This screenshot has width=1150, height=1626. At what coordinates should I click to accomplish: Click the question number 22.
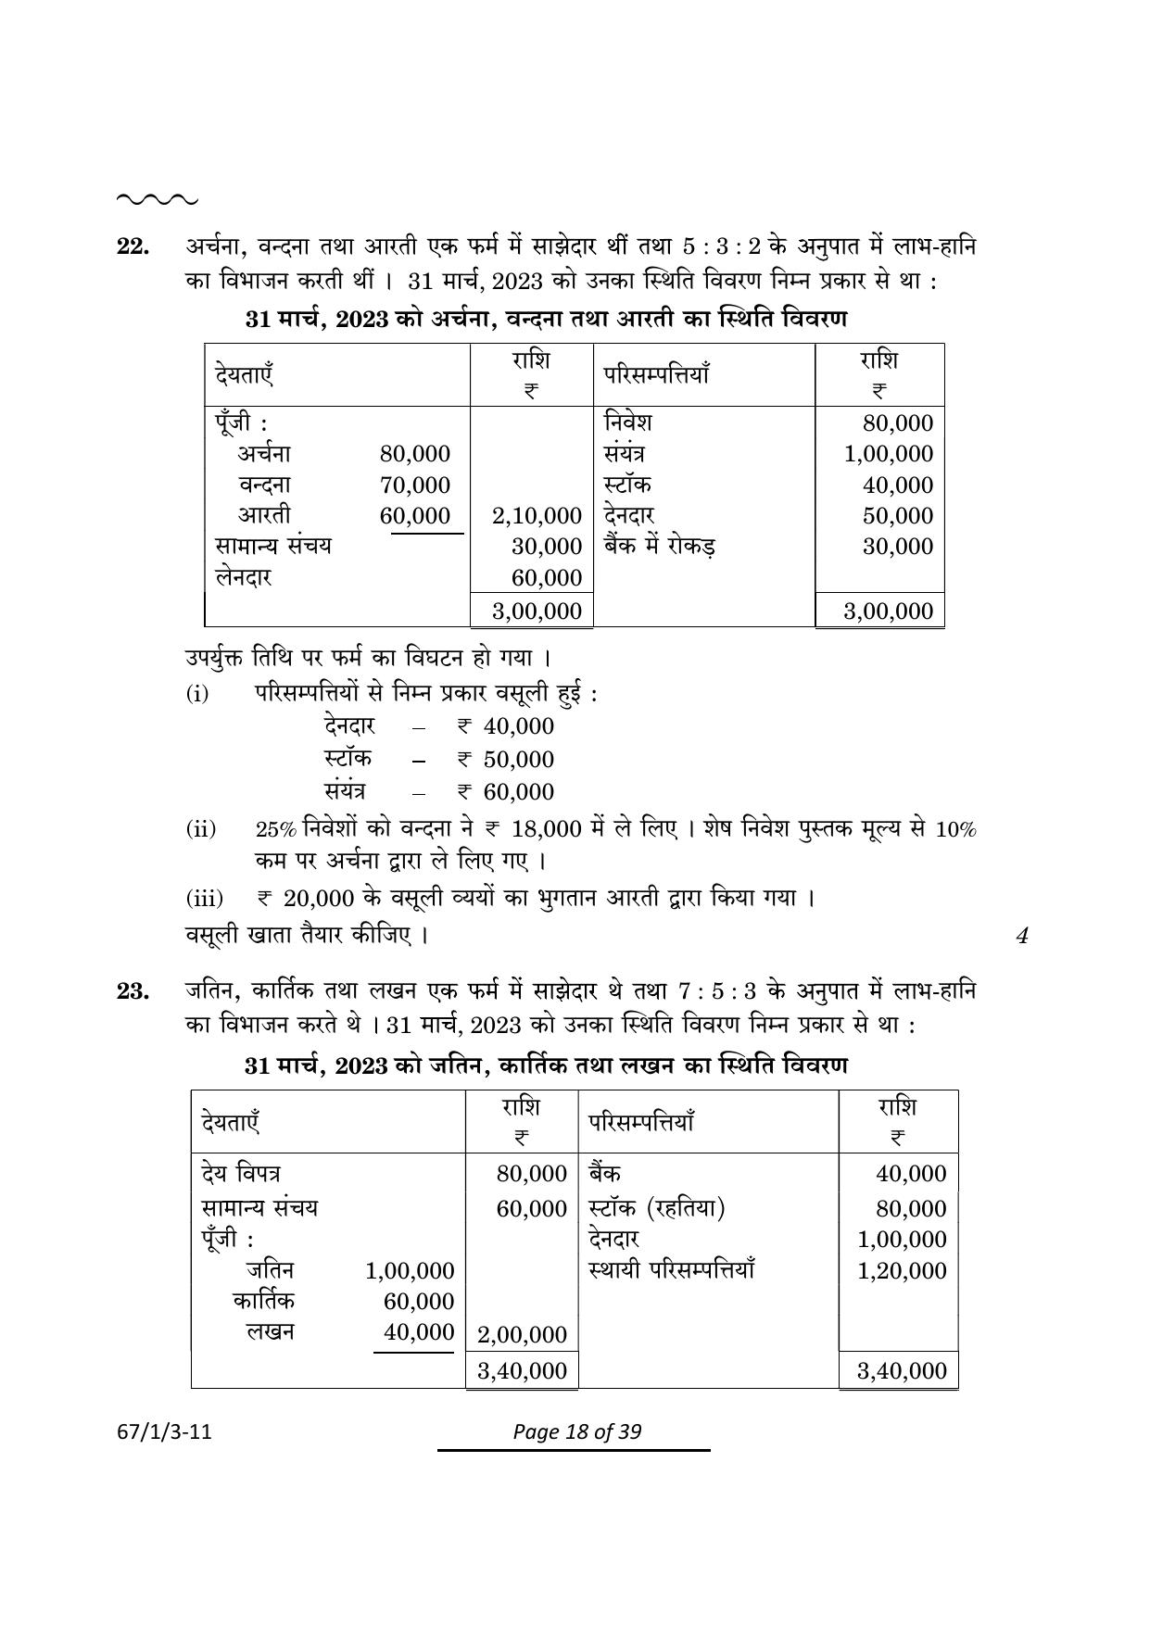[x=133, y=246]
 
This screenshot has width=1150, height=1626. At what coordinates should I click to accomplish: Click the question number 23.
[x=133, y=992]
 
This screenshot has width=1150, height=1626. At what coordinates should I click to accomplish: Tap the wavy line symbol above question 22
[x=157, y=198]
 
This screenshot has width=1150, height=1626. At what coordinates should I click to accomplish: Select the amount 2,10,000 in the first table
[x=537, y=516]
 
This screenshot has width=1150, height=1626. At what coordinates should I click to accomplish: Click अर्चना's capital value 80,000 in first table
[x=414, y=454]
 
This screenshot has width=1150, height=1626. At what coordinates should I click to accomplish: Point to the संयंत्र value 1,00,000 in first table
[x=888, y=454]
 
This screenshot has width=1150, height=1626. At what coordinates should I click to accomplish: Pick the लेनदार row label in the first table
[x=243, y=577]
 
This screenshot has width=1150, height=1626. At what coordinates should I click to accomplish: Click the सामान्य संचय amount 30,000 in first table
[x=546, y=547]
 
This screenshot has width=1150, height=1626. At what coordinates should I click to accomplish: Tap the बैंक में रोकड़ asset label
[x=659, y=547]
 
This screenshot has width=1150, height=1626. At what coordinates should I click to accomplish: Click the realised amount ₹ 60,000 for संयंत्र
[x=506, y=792]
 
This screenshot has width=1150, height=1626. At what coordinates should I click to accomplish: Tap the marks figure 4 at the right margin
[x=1022, y=936]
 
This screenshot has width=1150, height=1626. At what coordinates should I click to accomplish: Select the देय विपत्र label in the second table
[x=242, y=1174]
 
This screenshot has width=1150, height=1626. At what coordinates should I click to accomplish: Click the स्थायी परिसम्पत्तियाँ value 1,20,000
[x=902, y=1270]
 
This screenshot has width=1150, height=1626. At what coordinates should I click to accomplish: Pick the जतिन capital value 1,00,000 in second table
[x=410, y=1270]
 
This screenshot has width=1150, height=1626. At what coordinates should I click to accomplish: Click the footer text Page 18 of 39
[x=576, y=1431]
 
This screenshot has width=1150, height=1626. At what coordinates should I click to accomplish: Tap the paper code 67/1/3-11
[x=167, y=1431]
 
